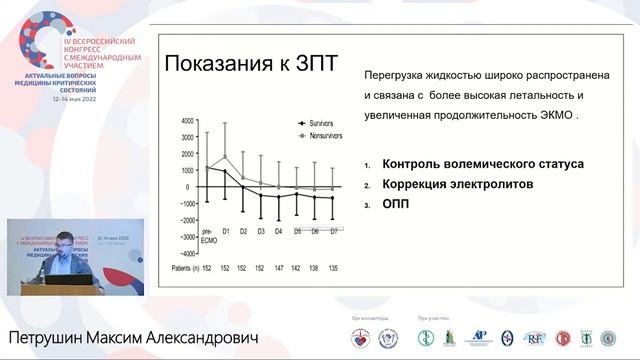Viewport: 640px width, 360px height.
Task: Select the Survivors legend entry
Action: point(319,122)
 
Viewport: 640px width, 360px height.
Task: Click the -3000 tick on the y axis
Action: point(185,236)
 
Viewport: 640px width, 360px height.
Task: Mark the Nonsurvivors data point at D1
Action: point(226,156)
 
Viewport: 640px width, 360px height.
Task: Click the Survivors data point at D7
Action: point(333,199)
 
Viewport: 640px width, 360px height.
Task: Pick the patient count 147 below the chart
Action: point(278,268)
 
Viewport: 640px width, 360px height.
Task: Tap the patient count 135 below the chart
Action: point(333,268)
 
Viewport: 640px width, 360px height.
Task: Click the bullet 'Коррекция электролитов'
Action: point(469,185)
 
